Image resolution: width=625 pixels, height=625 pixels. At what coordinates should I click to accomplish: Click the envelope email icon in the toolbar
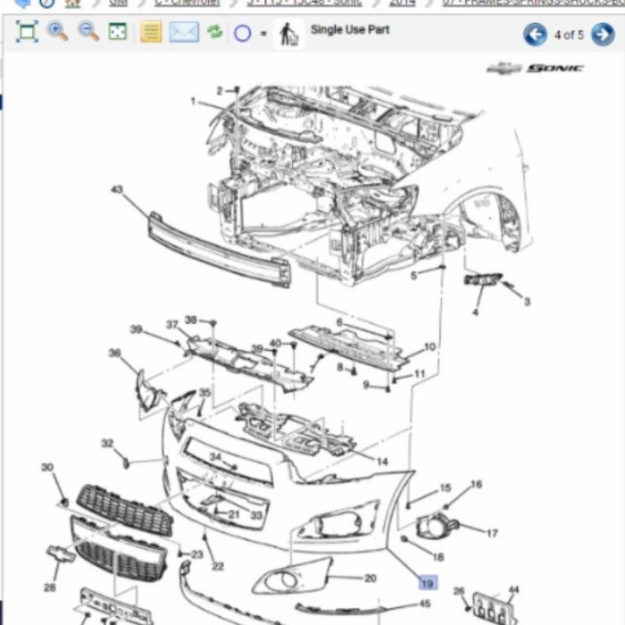(x=183, y=33)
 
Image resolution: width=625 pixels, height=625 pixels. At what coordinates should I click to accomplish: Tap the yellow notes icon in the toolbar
(x=151, y=33)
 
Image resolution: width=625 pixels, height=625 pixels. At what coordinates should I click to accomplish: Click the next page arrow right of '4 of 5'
(x=603, y=35)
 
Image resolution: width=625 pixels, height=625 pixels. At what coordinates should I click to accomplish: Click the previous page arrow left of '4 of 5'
(x=535, y=35)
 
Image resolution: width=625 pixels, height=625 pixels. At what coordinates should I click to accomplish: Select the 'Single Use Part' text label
(x=349, y=30)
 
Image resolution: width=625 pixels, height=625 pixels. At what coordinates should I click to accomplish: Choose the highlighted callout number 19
(x=428, y=583)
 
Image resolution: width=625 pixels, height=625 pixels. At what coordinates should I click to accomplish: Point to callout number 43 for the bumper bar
(x=117, y=189)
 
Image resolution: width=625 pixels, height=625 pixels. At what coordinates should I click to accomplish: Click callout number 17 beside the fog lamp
(x=491, y=534)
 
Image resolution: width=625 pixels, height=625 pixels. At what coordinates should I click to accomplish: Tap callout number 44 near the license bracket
(x=512, y=590)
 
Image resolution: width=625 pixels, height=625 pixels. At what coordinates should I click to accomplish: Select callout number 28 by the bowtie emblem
(x=49, y=587)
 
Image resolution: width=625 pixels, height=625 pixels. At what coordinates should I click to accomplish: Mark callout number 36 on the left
(x=114, y=354)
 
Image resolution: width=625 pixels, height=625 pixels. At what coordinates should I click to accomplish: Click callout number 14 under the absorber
(x=382, y=462)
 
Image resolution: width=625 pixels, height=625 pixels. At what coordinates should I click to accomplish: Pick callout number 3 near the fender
(x=527, y=302)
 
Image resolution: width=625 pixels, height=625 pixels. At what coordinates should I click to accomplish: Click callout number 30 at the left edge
(x=47, y=467)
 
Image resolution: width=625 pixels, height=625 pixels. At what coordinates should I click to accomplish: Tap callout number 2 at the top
(x=220, y=90)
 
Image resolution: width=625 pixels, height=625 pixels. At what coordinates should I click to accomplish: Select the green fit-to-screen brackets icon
(x=27, y=33)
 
